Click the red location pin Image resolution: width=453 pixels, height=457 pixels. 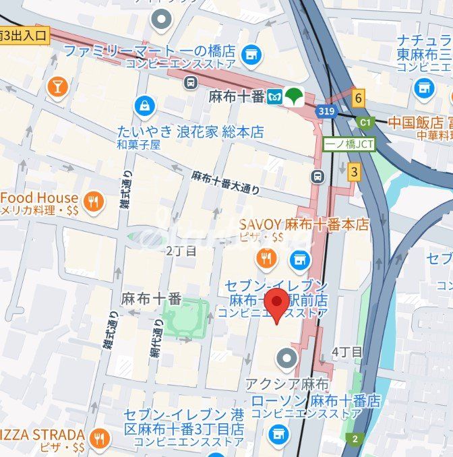tap(276, 304)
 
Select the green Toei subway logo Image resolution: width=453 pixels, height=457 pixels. tap(293, 96)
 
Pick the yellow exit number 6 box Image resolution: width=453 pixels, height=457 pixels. tap(358, 98)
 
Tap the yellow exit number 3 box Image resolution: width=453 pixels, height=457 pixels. tap(354, 172)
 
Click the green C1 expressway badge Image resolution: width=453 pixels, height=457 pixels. tap(365, 123)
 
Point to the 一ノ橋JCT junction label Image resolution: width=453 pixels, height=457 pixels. tap(349, 144)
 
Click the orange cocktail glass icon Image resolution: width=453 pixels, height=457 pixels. tap(57, 86)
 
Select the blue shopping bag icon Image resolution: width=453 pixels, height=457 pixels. tap(144, 105)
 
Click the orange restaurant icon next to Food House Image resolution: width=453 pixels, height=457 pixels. tap(93, 201)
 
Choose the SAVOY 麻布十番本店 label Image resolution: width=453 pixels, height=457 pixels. tap(305, 225)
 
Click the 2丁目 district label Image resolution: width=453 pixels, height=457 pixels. tap(181, 251)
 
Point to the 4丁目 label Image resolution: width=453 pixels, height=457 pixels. tap(347, 351)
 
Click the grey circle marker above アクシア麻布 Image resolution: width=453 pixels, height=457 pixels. tap(288, 358)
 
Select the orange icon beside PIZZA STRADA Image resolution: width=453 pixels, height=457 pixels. tap(100, 439)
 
